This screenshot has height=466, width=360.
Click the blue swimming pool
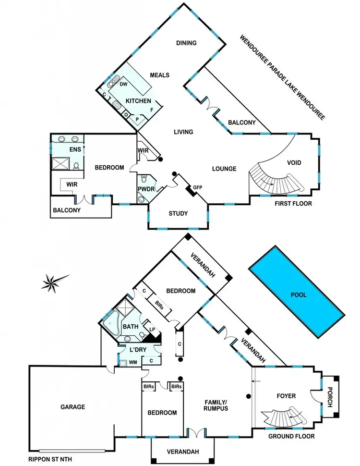click(x=296, y=294)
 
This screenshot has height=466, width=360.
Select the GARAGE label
click(x=72, y=407)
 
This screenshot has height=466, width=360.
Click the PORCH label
click(x=330, y=397)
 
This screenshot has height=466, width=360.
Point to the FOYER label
click(x=286, y=396)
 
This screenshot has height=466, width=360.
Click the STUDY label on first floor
click(x=178, y=213)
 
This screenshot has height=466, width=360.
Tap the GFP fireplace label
click(x=197, y=187)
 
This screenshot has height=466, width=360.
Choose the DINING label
click(x=186, y=43)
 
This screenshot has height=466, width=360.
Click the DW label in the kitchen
click(x=123, y=84)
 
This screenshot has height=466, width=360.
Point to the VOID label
click(x=294, y=163)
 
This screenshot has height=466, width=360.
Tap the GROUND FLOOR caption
click(x=292, y=436)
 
